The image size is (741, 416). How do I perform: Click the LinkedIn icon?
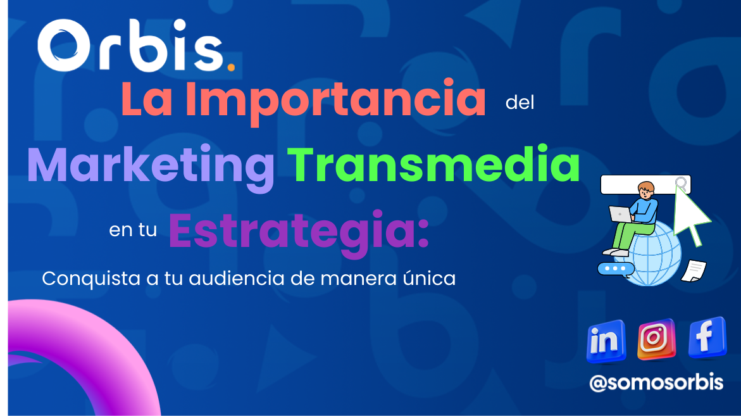point(606,341)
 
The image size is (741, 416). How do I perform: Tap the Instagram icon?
point(656,339)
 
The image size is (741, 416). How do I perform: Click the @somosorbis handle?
point(656,382)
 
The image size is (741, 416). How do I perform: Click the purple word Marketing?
point(151,167)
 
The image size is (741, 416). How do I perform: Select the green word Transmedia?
point(433,164)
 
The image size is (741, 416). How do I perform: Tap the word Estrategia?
point(299,232)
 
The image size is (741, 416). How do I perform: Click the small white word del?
point(520,103)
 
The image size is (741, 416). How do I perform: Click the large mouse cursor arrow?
point(690,213)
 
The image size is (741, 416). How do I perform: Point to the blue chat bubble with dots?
point(615,268)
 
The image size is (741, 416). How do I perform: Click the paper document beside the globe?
point(694,271)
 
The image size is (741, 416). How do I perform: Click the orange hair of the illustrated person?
point(646,187)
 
